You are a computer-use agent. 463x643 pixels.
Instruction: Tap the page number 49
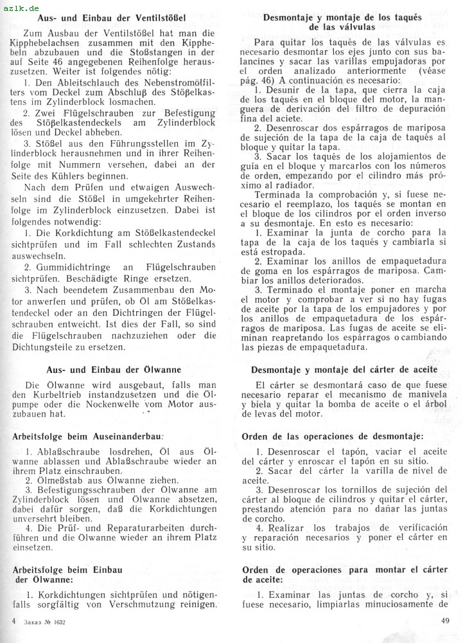445,621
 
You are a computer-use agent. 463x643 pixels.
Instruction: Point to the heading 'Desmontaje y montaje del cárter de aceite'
344,370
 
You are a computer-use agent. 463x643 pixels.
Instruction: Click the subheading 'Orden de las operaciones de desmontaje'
333,437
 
